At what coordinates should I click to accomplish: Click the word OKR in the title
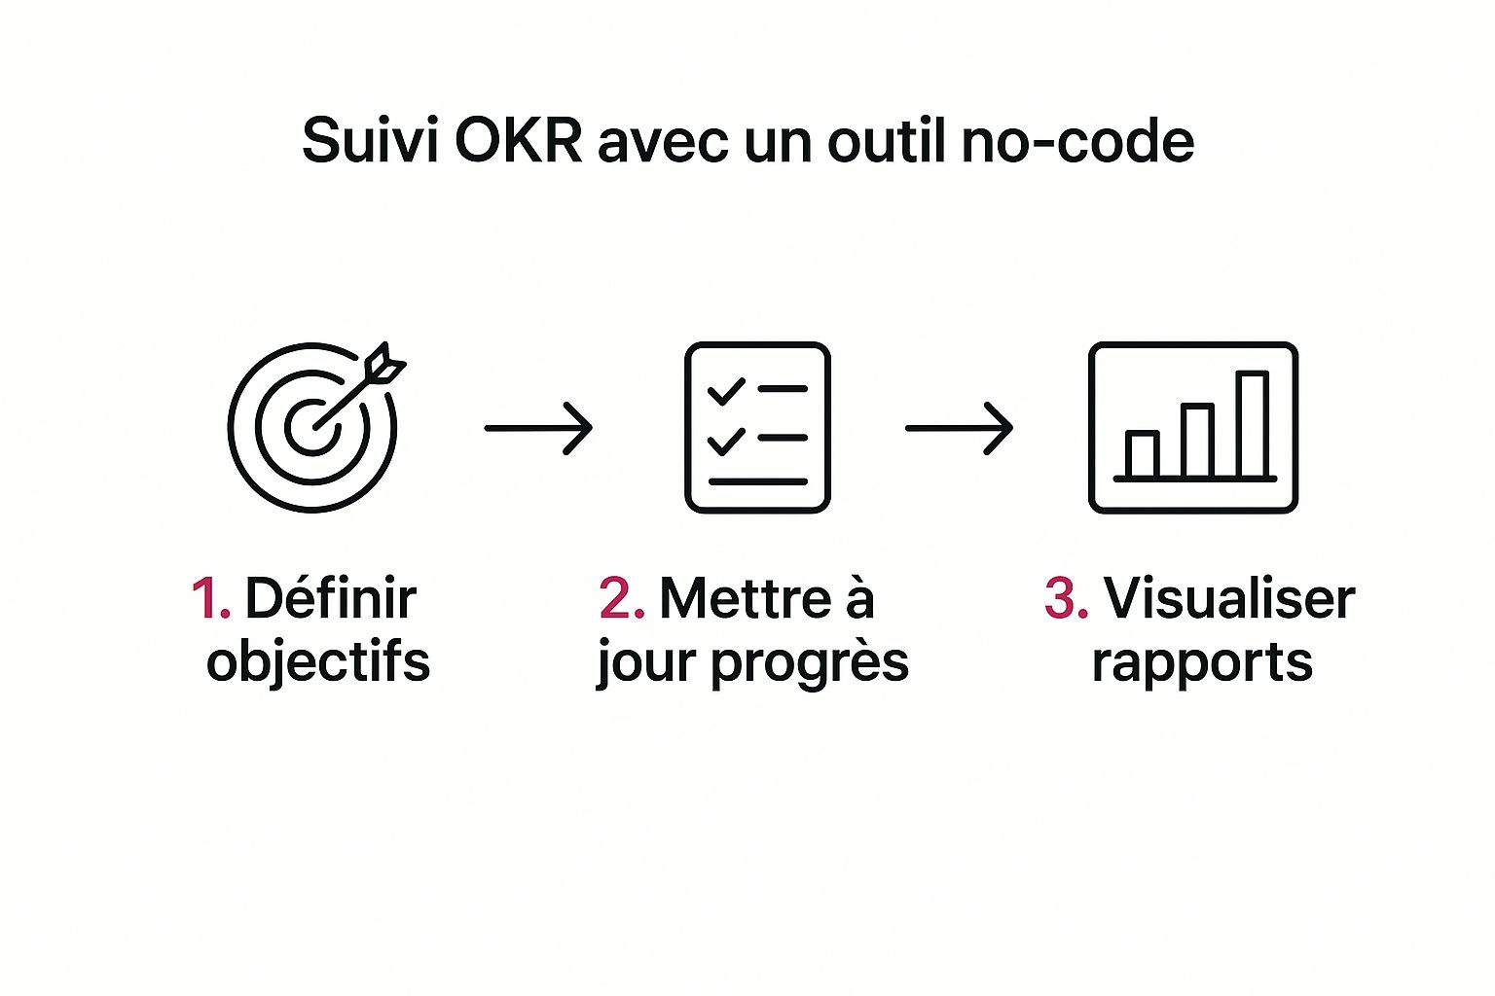(x=518, y=141)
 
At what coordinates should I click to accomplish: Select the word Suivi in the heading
(x=368, y=141)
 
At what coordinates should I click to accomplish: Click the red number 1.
(x=208, y=598)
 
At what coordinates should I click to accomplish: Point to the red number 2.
(x=621, y=598)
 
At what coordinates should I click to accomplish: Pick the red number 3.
(x=1065, y=598)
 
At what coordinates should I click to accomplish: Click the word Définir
(x=330, y=598)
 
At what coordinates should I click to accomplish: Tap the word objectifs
(x=318, y=662)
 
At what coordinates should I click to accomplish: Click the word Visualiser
(x=1228, y=598)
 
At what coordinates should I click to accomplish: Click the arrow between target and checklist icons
(x=538, y=428)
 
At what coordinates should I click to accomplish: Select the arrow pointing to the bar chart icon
(x=959, y=428)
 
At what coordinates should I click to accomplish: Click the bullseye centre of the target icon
(x=312, y=427)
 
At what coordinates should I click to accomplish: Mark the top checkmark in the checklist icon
(x=725, y=392)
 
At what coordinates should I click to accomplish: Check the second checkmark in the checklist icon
(x=725, y=443)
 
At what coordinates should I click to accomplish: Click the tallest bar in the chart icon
(x=1252, y=424)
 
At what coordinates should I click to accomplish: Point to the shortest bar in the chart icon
(x=1142, y=454)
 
